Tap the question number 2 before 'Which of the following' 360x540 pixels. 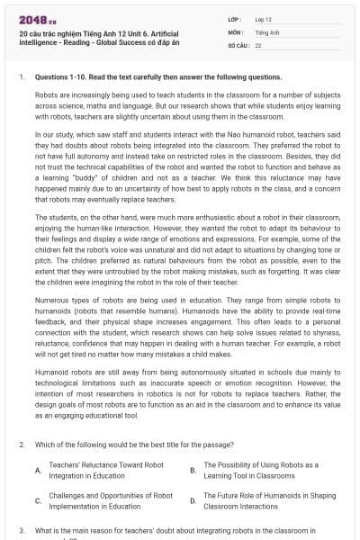[22, 445]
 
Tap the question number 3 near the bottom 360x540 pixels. [22, 531]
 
